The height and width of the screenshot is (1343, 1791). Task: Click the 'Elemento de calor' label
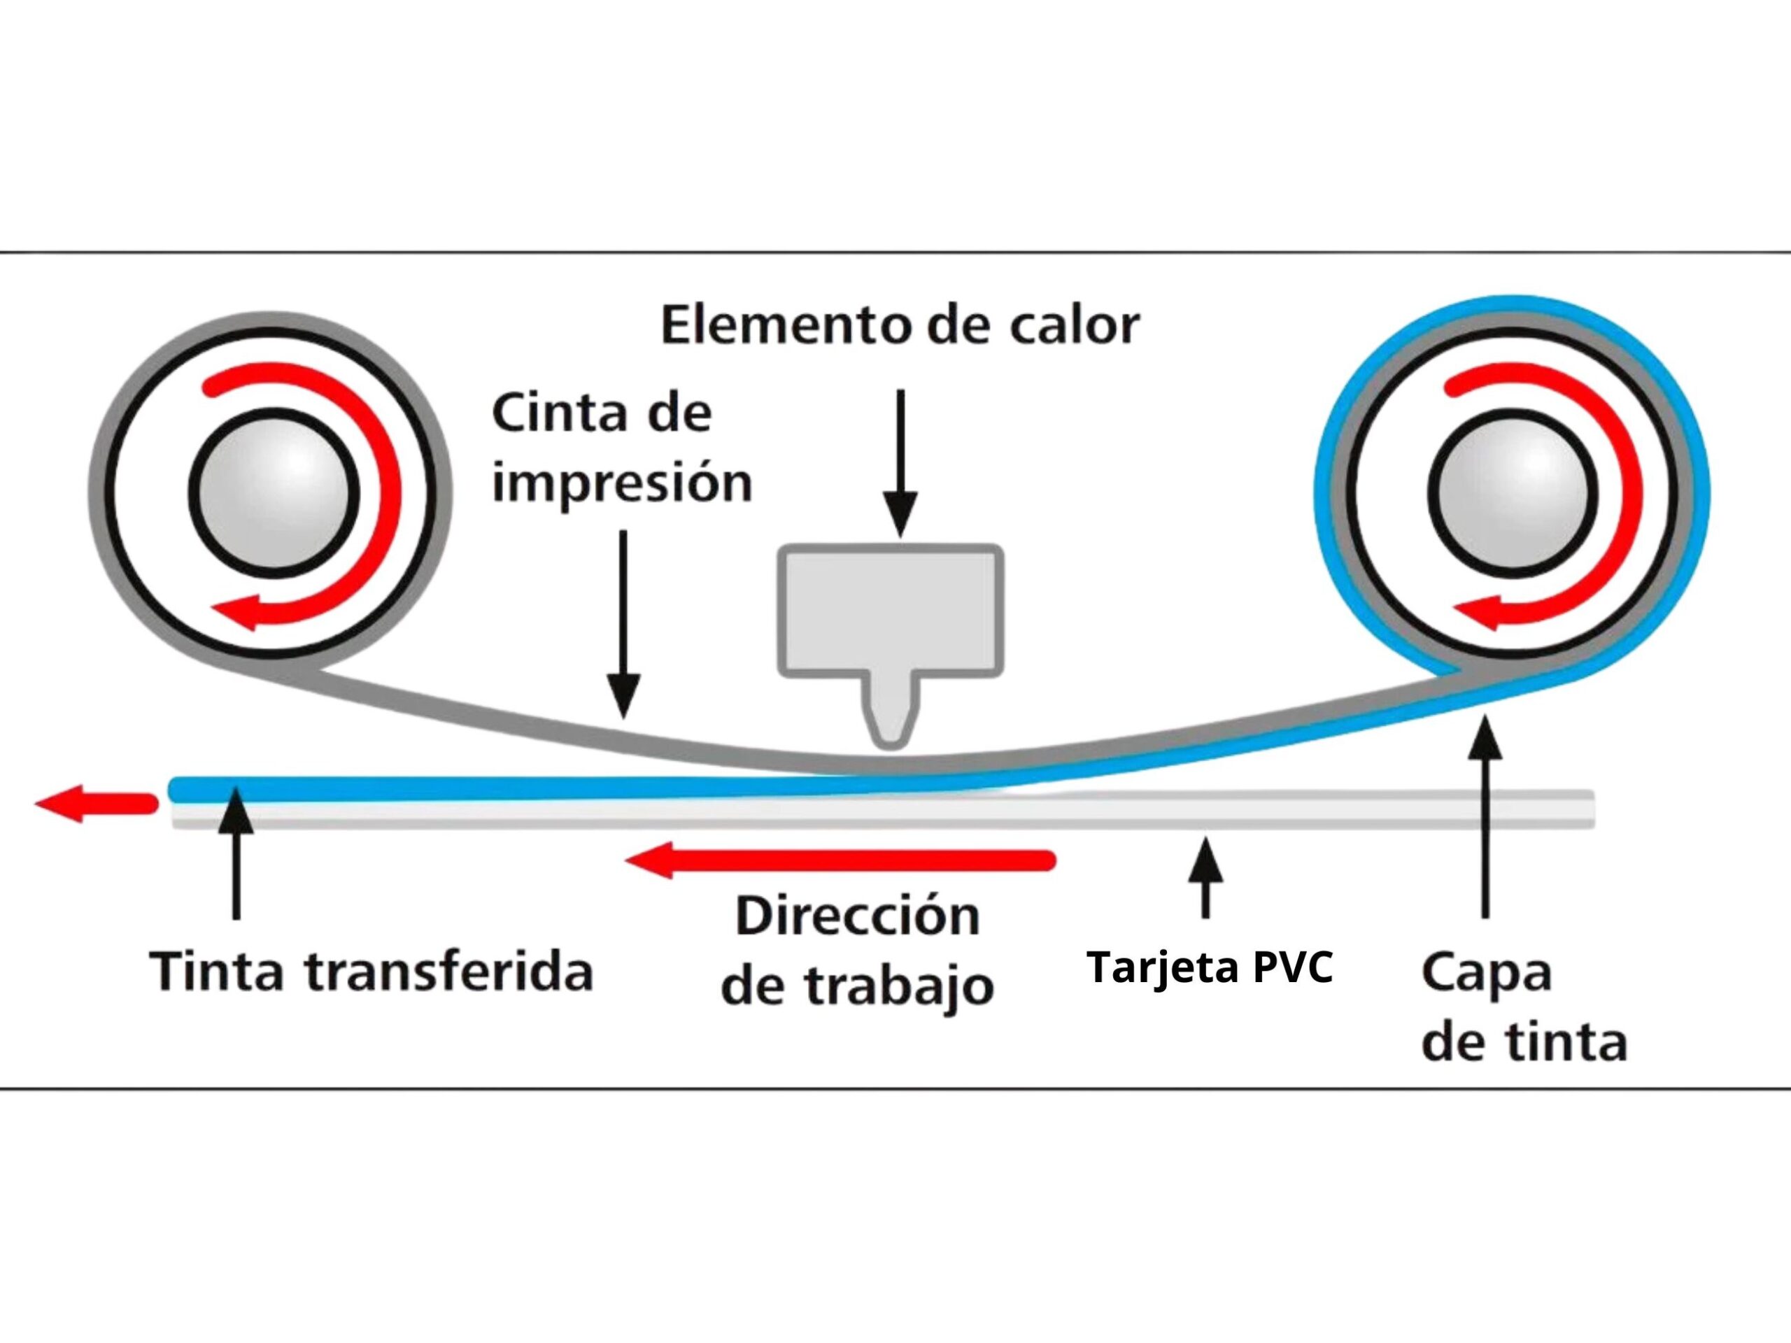[x=900, y=325]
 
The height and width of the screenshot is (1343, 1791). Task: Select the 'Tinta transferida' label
[x=371, y=972]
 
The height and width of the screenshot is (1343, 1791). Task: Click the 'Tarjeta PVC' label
[x=1210, y=967]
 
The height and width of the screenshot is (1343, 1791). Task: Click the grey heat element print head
[x=891, y=611]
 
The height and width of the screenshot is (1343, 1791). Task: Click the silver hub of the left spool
[x=274, y=490]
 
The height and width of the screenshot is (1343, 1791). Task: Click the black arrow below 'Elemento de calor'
[x=900, y=462]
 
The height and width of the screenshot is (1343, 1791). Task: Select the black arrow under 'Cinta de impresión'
[x=623, y=623]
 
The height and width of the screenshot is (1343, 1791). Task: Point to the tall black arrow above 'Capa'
[x=1485, y=818]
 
